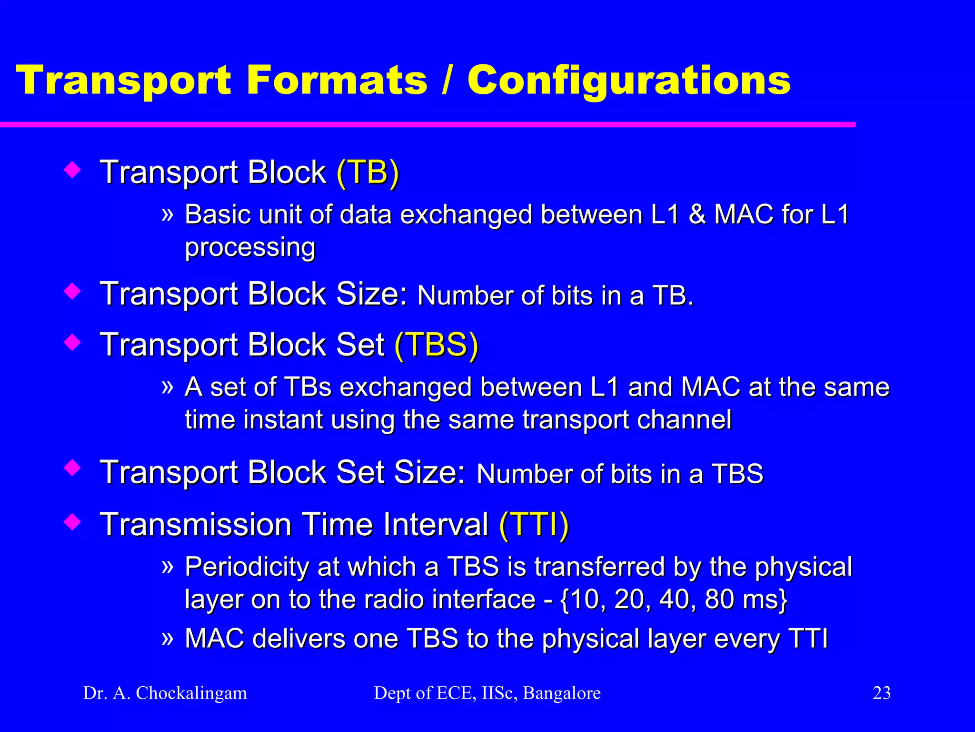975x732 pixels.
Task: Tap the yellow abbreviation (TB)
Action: [368, 172]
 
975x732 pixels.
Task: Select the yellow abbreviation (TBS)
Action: [436, 345]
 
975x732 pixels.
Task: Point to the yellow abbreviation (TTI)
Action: [534, 525]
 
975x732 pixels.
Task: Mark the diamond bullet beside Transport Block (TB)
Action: [72, 170]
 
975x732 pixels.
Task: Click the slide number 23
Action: [881, 693]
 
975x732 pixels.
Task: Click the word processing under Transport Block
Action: [250, 247]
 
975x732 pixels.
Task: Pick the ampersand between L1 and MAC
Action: [696, 214]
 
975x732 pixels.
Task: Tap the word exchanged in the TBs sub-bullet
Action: [405, 386]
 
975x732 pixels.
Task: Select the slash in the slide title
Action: [446, 80]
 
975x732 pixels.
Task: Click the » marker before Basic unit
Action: [167, 214]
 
